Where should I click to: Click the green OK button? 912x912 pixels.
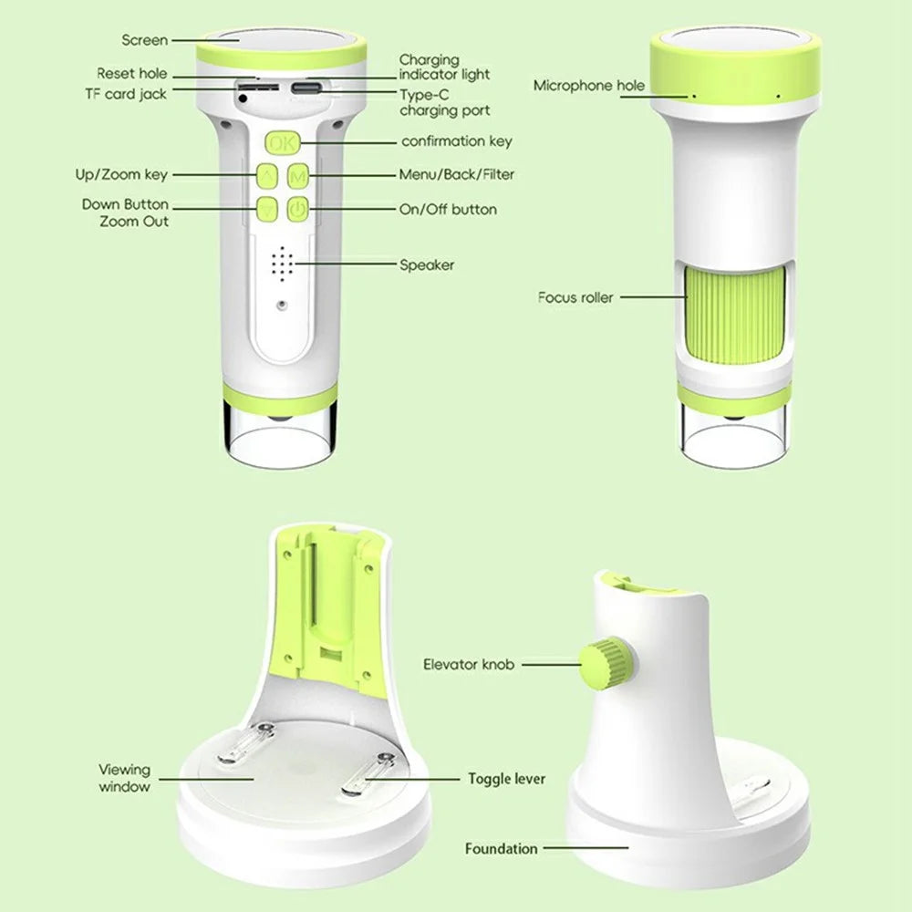click(x=283, y=142)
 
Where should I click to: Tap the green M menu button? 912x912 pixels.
click(x=298, y=175)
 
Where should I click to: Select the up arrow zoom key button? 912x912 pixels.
click(x=267, y=175)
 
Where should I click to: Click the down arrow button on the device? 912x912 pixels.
click(x=267, y=209)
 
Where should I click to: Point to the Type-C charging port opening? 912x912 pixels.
click(x=306, y=88)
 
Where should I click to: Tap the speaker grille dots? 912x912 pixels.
click(x=282, y=264)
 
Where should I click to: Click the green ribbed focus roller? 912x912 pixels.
click(x=735, y=316)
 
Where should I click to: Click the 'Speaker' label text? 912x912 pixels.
click(x=426, y=265)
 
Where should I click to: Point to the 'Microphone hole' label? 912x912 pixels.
click(x=588, y=86)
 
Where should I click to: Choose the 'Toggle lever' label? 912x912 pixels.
click(x=506, y=779)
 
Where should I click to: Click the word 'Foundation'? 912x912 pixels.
click(x=501, y=848)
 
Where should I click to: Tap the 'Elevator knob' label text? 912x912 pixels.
click(x=468, y=664)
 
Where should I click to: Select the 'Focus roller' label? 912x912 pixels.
click(x=575, y=298)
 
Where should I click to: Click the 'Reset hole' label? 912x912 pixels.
click(x=132, y=74)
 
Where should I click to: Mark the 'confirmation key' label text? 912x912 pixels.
click(x=457, y=141)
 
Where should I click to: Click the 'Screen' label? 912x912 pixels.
click(x=144, y=40)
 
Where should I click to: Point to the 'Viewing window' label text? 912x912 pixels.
click(x=124, y=778)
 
